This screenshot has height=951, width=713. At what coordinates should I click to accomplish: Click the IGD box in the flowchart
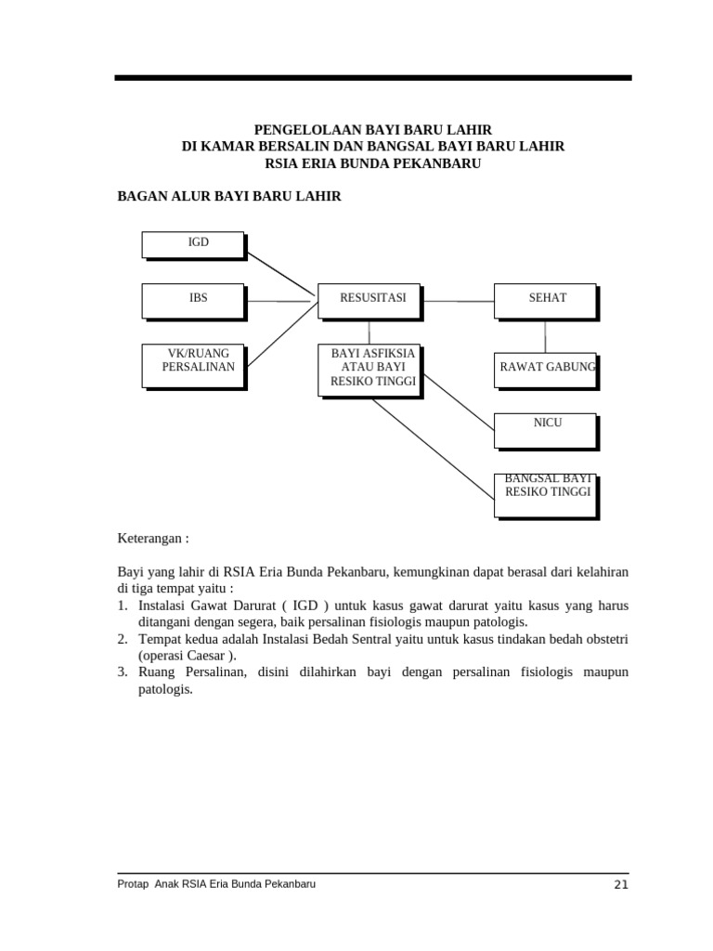click(193, 244)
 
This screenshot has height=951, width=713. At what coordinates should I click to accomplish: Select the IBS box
click(193, 299)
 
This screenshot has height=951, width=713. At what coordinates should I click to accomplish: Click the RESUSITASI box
click(369, 299)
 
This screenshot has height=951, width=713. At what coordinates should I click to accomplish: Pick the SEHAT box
click(544, 299)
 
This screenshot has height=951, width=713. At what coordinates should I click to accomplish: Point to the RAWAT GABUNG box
click(545, 369)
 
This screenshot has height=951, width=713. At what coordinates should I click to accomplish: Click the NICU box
click(545, 430)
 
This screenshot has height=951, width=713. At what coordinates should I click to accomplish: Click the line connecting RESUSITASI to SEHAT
click(457, 301)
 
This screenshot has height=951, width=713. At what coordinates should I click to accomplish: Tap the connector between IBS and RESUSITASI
click(279, 301)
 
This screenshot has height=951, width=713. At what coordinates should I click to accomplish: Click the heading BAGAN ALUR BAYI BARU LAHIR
click(228, 197)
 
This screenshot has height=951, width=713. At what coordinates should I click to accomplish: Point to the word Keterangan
click(152, 539)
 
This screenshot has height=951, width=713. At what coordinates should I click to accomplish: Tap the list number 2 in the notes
click(122, 639)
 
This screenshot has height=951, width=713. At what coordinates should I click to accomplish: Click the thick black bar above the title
click(373, 78)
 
